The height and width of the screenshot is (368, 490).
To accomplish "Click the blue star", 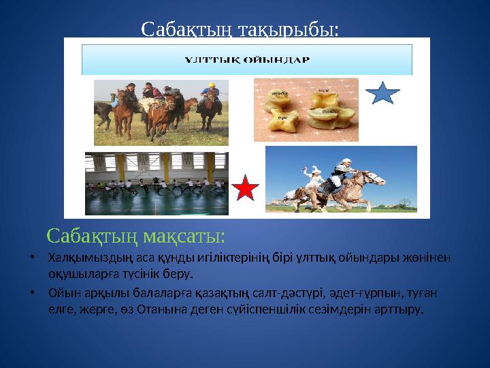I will coord(384,93).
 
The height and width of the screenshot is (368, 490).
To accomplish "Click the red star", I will coord(246,189).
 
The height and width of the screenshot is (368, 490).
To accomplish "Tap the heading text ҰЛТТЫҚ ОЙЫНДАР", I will coord(248,59).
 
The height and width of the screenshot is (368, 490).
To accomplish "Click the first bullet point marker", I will coord(32,258).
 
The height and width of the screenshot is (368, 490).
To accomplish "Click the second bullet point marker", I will coord(32,294).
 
